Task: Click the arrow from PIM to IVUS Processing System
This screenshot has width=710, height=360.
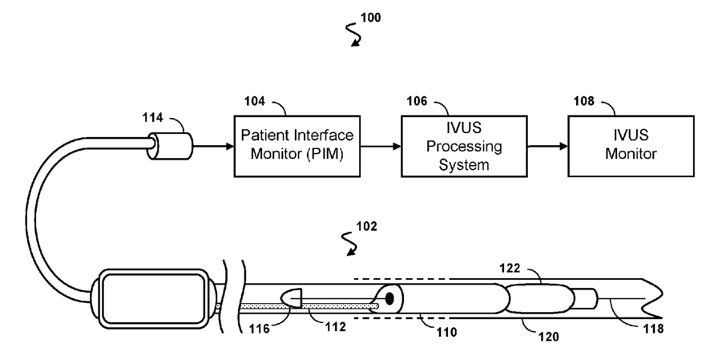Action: tap(381, 146)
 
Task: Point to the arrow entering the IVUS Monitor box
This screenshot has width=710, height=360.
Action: tap(548, 146)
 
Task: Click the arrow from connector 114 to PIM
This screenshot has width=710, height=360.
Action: tap(213, 146)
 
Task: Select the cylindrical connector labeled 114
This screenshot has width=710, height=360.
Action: tap(170, 146)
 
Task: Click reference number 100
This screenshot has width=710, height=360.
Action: tap(370, 18)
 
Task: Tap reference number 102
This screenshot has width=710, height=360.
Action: tap(366, 226)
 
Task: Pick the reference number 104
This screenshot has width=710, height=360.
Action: tap(255, 101)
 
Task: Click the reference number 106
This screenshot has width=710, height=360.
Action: tap(417, 101)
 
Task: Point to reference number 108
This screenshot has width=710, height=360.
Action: tap(583, 101)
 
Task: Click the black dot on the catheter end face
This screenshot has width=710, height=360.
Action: tap(389, 298)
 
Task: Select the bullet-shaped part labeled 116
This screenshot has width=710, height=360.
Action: tap(291, 298)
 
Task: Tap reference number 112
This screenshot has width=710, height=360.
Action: tap(335, 326)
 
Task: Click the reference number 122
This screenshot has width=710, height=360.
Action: tap(510, 269)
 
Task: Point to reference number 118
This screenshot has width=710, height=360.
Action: tap(653, 329)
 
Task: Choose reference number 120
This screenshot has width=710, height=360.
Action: tap(548, 337)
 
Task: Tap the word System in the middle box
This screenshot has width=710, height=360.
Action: tap(464, 164)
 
